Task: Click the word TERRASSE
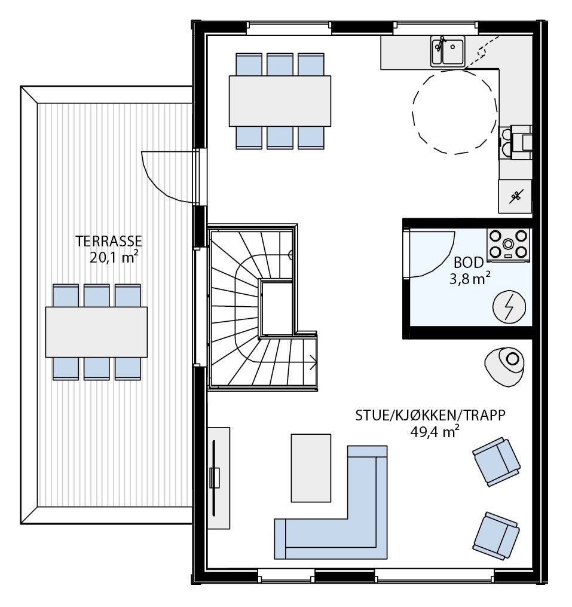point(108,242)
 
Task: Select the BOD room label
point(469,263)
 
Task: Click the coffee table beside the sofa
point(311,468)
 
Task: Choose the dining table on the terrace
point(96,332)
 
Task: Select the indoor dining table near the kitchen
point(280,101)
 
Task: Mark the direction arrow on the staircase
point(313,360)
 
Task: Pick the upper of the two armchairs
point(496,461)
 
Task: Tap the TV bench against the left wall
point(218,477)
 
